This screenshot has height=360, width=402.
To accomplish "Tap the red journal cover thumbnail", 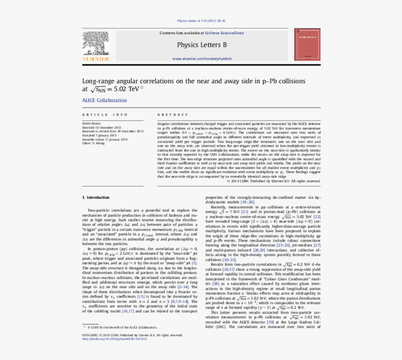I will click(307, 44).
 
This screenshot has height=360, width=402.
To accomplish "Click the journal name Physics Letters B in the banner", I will click(201, 45).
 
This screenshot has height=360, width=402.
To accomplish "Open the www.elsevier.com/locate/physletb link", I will click(201, 58).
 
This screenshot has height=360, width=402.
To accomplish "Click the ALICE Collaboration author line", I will click(104, 100).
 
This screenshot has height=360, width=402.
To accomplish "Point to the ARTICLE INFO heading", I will click(105, 115).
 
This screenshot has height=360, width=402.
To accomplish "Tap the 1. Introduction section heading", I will click(95, 197).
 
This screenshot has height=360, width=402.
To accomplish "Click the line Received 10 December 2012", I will click(101, 128).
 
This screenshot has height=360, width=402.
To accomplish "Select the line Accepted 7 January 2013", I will click(99, 135).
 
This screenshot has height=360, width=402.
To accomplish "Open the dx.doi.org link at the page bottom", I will click(114, 339).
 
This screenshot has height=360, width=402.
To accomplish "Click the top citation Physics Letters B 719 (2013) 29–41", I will click(201, 21).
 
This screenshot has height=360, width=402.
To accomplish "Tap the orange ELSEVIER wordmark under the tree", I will click(96, 59).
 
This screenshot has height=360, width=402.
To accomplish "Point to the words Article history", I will click(92, 123).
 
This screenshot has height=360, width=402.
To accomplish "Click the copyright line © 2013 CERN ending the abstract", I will click(273, 181).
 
